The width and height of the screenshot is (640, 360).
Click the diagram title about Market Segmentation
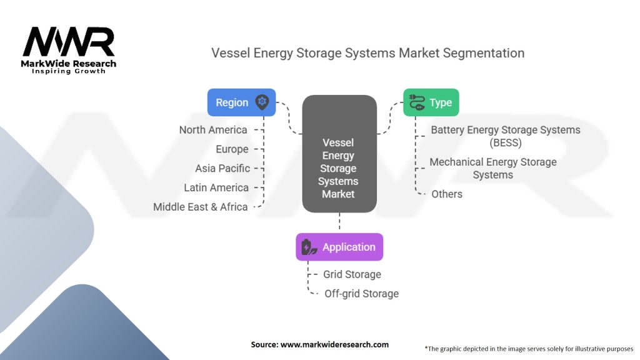click(367, 53)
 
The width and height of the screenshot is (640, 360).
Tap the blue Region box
click(241, 102)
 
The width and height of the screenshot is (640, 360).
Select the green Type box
click(431, 102)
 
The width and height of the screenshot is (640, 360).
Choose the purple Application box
click(339, 247)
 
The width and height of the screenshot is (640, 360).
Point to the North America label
click(213, 130)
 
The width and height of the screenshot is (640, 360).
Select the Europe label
click(232, 149)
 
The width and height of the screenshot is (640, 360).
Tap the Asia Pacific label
click(222, 168)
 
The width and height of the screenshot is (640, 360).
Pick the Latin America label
click(216, 187)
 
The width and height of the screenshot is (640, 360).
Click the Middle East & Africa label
click(201, 207)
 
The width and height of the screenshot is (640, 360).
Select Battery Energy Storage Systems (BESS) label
click(505, 136)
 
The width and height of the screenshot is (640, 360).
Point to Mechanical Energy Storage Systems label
click(492, 168)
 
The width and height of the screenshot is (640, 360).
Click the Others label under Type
click(447, 194)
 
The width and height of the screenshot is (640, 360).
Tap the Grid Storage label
click(352, 274)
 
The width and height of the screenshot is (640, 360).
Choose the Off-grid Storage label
click(361, 293)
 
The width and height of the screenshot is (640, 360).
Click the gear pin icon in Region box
click(262, 102)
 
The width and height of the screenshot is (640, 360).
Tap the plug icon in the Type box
click(416, 102)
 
